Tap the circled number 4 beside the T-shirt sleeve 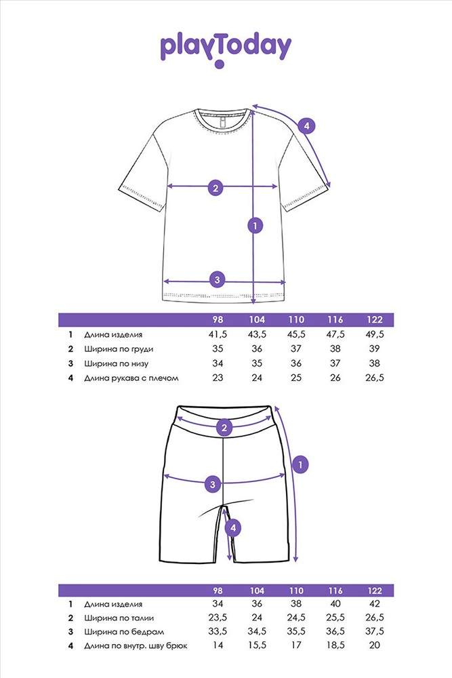[306, 126]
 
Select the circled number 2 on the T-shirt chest [215, 187]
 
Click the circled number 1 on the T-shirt [255, 225]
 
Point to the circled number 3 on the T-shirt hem [218, 280]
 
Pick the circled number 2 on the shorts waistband [224, 428]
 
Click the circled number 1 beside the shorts [300, 465]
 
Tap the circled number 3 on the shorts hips [213, 484]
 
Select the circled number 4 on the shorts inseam [233, 527]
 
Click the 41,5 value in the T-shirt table [218, 334]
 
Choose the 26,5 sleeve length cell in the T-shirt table [374, 378]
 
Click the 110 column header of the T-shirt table [296, 319]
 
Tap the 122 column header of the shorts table [375, 591]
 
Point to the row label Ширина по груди [119, 349]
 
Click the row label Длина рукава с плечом [131, 378]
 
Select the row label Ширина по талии [119, 618]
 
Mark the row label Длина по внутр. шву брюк [136, 646]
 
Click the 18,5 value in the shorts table [335, 645]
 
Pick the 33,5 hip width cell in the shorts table [218, 631]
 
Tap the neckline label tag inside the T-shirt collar [222, 122]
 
